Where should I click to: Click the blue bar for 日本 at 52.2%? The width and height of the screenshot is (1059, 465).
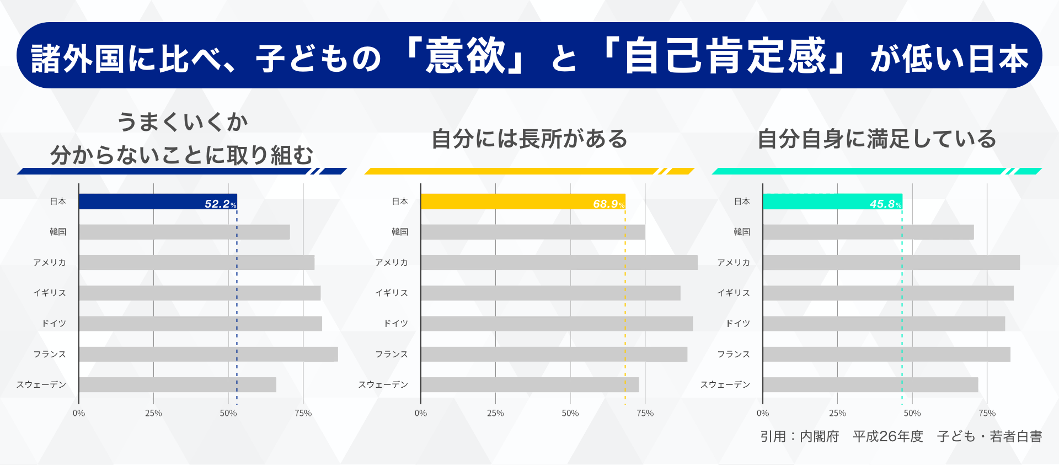pos(143,202)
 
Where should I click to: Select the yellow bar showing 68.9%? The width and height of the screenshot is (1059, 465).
pos(507,202)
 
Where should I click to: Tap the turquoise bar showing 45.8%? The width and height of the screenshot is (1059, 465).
pos(816,202)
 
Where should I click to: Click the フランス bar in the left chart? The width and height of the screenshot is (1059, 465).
pos(208,354)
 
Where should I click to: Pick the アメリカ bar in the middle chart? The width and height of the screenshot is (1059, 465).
pos(559,262)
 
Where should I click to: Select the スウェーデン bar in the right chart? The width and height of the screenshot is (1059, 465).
pos(870,384)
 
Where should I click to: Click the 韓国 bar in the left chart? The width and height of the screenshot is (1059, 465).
pos(184,232)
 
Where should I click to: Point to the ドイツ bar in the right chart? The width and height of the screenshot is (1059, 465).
pos(884,324)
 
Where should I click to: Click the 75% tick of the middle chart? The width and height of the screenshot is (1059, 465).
pos(645,413)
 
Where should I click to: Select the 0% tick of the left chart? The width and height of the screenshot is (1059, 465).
pos(79,413)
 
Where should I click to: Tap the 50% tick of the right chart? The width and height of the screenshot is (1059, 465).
pos(912,413)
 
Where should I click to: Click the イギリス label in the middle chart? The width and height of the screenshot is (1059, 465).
pos(392,293)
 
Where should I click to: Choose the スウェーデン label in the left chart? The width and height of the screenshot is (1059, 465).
pos(41,384)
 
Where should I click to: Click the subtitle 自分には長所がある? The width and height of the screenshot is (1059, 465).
pos(529,139)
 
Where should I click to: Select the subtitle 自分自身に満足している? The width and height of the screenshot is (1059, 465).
pos(876,139)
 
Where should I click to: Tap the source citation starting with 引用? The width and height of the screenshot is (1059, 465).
pos(901,436)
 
